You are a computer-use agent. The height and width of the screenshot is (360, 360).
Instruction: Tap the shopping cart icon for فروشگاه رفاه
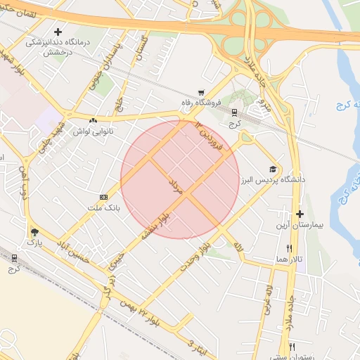(202, 92)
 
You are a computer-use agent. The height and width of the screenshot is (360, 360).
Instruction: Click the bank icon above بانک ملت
(104, 197)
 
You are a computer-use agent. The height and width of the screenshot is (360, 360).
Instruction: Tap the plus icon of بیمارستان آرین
(300, 214)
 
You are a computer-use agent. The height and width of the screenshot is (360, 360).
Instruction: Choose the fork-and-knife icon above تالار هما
(289, 248)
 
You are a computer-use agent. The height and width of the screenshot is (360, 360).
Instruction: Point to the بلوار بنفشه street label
(155, 225)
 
